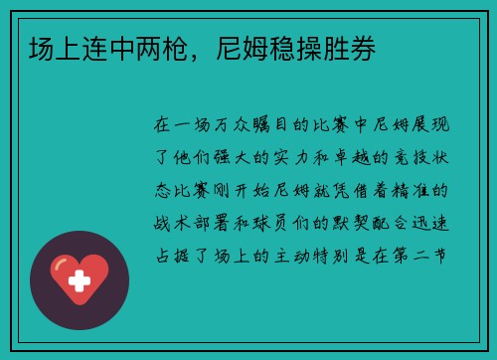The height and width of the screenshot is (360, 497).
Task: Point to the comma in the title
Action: click(198, 54)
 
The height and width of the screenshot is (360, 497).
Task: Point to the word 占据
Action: click(165, 255)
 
